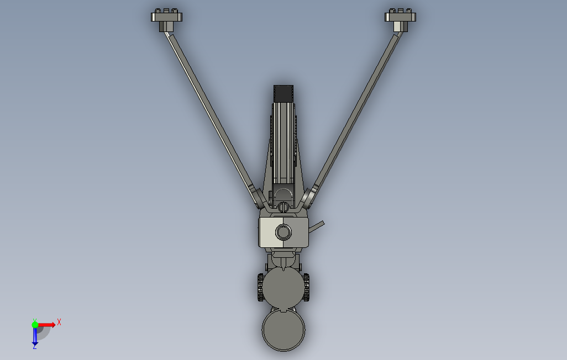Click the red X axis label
(59, 322)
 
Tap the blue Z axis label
(34, 346)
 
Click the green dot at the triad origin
(35, 325)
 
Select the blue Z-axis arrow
(35, 336)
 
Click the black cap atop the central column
(284, 93)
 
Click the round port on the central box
(283, 232)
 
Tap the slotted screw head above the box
(283, 207)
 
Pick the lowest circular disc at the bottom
(283, 330)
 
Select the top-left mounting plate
(166, 17)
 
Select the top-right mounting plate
(400, 17)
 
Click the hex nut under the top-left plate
(164, 27)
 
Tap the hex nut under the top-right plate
(398, 27)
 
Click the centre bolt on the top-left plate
(166, 11)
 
